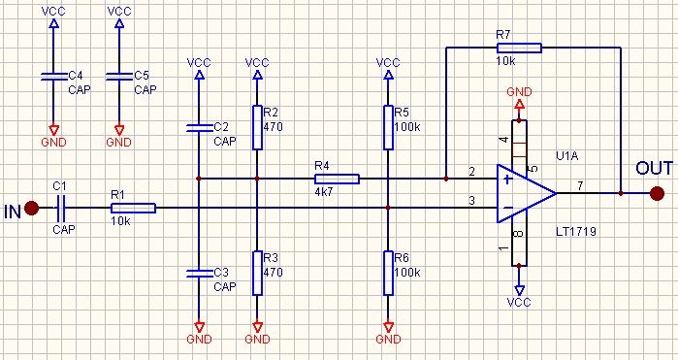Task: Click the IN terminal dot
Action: [31, 208]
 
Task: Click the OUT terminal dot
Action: [657, 193]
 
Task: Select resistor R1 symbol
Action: [133, 208]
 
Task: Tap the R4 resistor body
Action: [337, 179]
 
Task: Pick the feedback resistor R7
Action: [519, 48]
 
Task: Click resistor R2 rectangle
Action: [257, 127]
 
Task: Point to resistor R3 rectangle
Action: [257, 273]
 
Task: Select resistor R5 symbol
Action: [388, 127]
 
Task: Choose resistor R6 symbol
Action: [388, 273]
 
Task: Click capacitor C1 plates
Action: [60, 208]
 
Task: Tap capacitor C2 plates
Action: [199, 128]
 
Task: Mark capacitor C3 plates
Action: [199, 273]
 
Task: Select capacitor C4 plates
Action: [53, 77]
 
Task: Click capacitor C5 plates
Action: [119, 77]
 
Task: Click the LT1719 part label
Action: [576, 232]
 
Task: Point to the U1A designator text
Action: [566, 156]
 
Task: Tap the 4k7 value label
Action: [323, 192]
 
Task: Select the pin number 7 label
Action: [580, 186]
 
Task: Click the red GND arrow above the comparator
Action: [519, 105]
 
